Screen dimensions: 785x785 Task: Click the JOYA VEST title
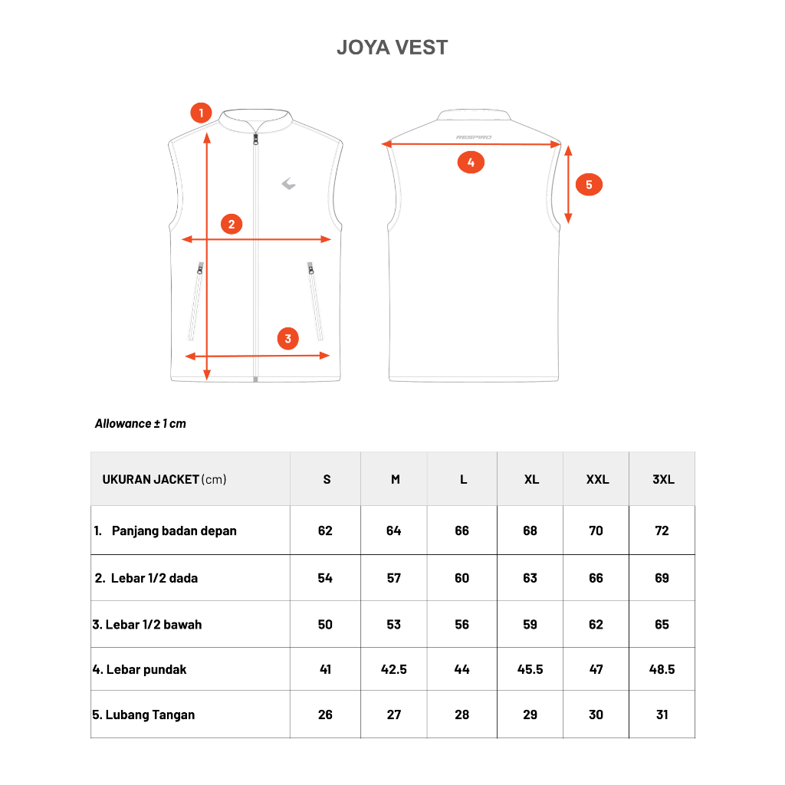coord(392,48)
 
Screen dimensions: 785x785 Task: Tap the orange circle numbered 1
coord(201,113)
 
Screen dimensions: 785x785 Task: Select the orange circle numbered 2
coord(232,225)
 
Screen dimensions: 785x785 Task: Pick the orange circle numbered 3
coord(287,338)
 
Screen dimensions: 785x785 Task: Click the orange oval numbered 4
coord(471,163)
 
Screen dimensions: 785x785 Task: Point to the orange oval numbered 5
coord(589,185)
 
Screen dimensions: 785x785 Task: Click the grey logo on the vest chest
coord(288,183)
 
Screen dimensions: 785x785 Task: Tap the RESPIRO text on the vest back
coord(474,137)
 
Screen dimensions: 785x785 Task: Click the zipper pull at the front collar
coord(255,139)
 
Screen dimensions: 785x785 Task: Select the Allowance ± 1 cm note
coord(140,423)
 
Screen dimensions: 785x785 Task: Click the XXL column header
coord(597,479)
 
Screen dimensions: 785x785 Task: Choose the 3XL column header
coord(663,479)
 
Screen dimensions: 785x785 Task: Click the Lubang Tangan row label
coord(143,714)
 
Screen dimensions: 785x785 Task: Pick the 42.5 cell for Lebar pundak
coord(394,669)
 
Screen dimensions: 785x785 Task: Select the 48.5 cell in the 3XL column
coord(662,669)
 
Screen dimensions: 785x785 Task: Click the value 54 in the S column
coord(325,578)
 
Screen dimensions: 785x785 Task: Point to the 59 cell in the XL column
coord(530,624)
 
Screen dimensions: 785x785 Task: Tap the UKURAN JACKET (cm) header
coord(164,479)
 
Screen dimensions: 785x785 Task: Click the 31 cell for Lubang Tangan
coord(662,714)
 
